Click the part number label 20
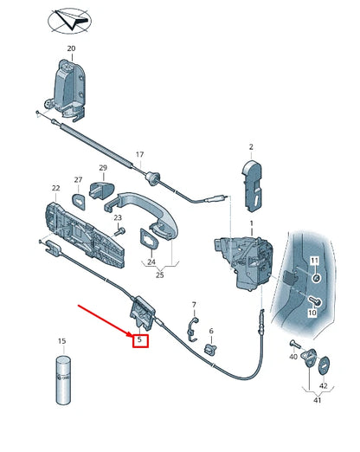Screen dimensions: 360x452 (x=71, y=48)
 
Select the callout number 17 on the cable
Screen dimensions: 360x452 (x=139, y=155)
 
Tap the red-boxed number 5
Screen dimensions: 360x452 (x=140, y=340)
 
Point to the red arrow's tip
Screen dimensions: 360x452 (x=132, y=336)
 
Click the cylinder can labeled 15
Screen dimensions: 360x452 (x=63, y=380)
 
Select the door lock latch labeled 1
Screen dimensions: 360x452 (x=243, y=262)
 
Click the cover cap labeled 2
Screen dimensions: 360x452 (x=253, y=186)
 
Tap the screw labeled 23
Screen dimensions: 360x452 (x=120, y=231)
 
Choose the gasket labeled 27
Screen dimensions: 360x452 (x=80, y=201)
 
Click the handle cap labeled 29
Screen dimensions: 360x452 (x=102, y=190)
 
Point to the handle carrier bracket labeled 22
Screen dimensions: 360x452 (x=85, y=234)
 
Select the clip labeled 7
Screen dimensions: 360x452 (x=192, y=328)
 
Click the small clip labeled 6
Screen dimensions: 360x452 (x=211, y=349)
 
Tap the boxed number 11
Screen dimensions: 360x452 (x=314, y=261)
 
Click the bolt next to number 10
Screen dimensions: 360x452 (x=315, y=301)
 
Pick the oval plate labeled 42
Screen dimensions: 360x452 (x=324, y=366)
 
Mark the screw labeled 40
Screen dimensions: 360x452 (x=295, y=344)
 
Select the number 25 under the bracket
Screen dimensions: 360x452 (x=159, y=274)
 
